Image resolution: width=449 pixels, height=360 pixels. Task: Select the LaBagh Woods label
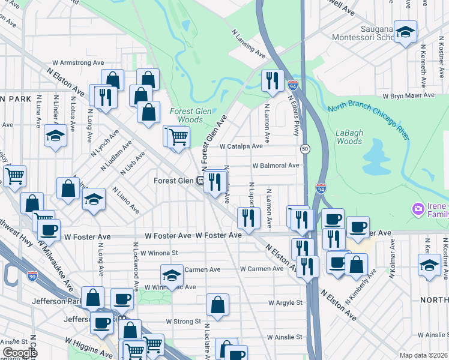(349, 137)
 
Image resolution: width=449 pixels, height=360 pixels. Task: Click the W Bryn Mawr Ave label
(408, 95)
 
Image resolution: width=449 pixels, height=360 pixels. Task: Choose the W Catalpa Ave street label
(241, 146)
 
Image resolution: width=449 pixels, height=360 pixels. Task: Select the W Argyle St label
(285, 302)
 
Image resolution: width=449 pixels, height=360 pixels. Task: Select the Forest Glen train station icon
(202, 181)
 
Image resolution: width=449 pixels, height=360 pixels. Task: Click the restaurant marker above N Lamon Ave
(273, 80)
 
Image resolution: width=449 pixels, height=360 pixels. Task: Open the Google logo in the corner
(20, 353)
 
